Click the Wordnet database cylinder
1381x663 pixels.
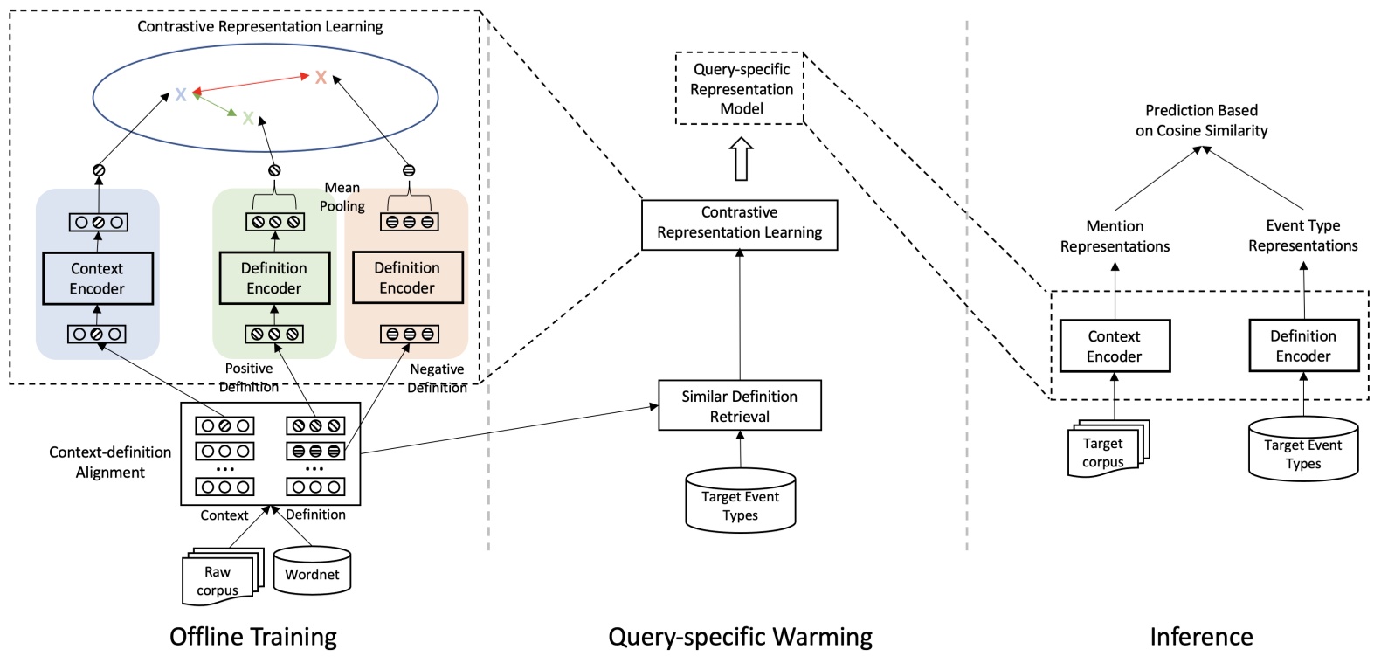pos(312,570)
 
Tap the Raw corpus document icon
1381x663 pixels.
pos(223,576)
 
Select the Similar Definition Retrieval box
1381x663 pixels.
pos(740,405)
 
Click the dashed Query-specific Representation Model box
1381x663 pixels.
pos(741,89)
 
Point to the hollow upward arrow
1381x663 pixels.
pos(741,158)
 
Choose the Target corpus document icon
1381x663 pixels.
pos(1108,448)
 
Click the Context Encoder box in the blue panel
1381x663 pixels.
pos(98,278)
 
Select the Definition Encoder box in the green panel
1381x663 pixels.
pos(274,278)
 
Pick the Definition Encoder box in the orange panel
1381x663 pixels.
pos(408,278)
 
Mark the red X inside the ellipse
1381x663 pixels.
pos(321,77)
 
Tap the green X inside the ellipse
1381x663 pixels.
pos(248,118)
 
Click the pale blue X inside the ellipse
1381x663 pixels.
pos(181,94)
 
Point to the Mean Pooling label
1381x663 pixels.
pos(342,197)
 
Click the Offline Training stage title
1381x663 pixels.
pos(253,637)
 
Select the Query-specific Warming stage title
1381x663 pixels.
pos(740,637)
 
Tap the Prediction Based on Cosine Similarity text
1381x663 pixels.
pos(1202,121)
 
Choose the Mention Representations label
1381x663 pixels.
pos(1115,236)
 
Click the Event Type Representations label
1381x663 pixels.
pos(1302,236)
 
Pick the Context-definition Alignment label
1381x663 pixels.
pos(110,462)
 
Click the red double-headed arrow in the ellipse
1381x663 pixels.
pos(251,85)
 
